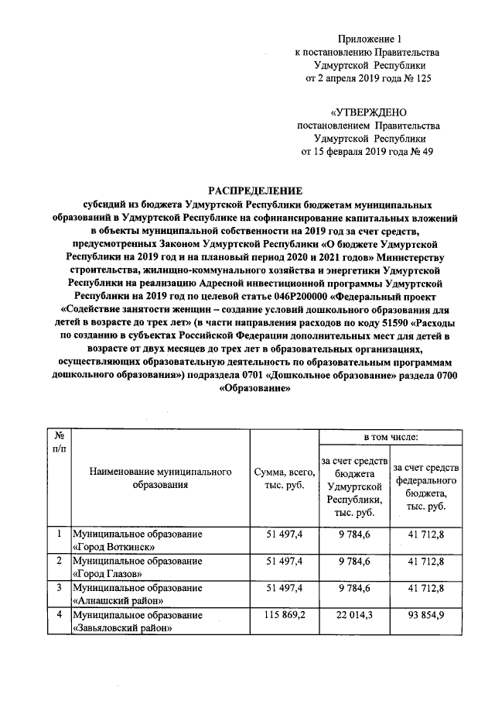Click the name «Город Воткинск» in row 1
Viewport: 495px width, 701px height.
[110, 546]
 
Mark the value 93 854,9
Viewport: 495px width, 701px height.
[425, 614]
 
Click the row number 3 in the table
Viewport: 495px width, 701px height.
[59, 588]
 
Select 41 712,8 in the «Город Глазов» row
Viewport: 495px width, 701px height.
[425, 560]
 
